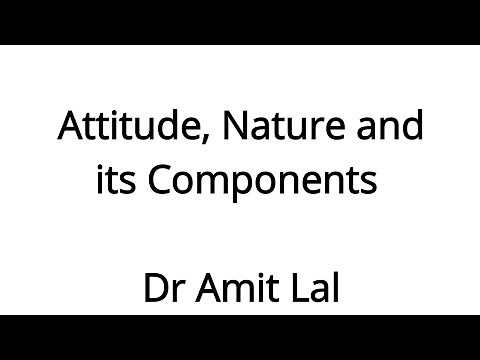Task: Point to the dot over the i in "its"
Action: coord(101,169)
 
